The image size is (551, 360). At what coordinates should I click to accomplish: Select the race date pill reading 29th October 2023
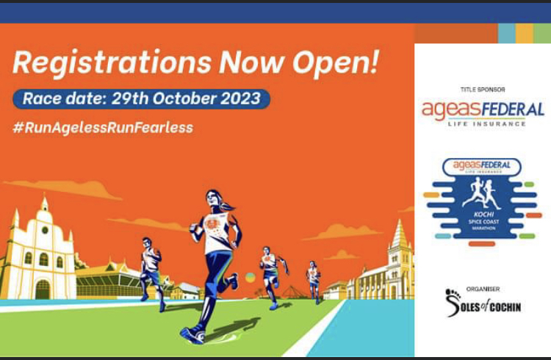coord(141,98)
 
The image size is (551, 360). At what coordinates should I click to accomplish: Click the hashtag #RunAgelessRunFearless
coord(103,127)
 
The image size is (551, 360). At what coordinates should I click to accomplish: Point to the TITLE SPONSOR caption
coord(483,89)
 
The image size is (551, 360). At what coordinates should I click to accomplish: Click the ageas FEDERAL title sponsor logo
coord(483,111)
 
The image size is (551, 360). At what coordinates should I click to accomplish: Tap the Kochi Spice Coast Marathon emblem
coord(483,198)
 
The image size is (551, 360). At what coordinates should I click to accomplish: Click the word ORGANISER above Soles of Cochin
coord(483,289)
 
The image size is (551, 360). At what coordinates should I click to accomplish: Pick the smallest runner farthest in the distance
coord(314,279)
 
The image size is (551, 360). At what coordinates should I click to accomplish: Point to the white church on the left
coord(40,250)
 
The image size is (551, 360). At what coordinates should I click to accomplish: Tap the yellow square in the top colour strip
coord(525,33)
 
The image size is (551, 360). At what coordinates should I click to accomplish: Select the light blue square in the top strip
coord(506,33)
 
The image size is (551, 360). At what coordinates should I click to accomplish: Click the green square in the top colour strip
coord(542,33)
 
